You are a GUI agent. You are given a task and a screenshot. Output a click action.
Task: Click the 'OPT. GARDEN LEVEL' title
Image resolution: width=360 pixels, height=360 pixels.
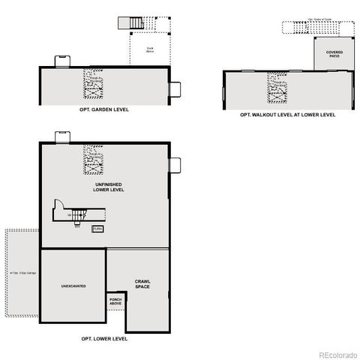tap(104, 109)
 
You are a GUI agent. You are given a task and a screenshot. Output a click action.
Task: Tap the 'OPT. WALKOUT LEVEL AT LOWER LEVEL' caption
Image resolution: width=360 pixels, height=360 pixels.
tap(287, 115)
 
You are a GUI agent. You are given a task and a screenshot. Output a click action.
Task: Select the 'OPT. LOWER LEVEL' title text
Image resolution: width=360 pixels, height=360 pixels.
tap(104, 339)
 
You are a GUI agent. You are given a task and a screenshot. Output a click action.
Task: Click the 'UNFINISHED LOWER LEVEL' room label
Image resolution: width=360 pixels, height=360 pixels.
tap(109, 187)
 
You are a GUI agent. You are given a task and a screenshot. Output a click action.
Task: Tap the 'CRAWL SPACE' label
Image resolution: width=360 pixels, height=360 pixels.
tap(142, 283)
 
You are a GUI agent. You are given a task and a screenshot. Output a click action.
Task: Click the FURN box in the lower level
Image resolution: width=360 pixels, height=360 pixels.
tap(97, 228)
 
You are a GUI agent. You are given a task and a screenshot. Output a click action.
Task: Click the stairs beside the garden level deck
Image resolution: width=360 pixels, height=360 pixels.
tap(135, 23)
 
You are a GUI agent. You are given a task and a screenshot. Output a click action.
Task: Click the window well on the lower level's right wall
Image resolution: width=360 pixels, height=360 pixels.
tap(175, 165)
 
